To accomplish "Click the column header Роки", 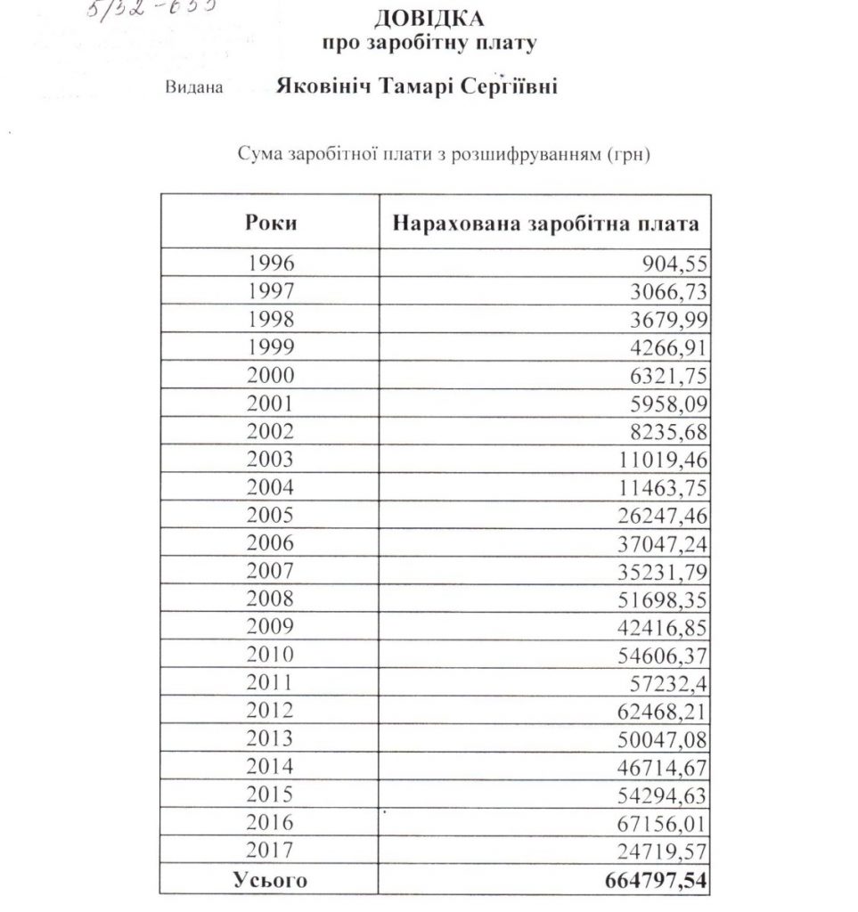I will point(271,223).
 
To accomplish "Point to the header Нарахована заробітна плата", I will point(546,223).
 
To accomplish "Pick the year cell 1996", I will point(271,263).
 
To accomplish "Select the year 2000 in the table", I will point(271,376).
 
